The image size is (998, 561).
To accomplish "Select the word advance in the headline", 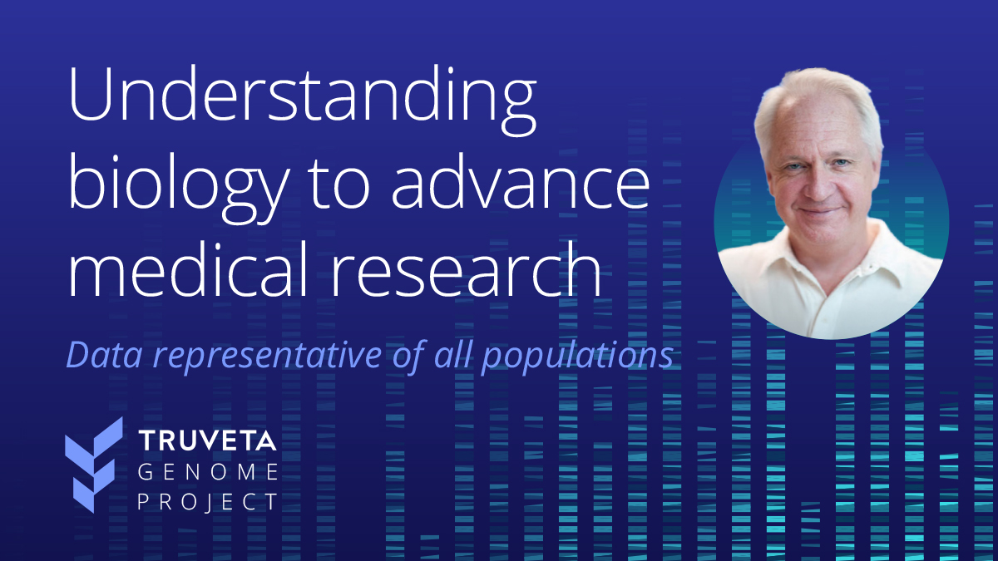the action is coord(521,182).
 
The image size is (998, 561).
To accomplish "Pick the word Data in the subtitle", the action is coord(104,355).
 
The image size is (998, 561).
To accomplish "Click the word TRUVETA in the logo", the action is coord(207,440).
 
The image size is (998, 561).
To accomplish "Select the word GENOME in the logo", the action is coord(208,472).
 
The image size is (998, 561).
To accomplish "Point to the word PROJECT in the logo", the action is coord(208,502).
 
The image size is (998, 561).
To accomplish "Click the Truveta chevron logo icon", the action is coord(94,465).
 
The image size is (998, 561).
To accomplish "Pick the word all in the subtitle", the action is coord(452,353).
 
